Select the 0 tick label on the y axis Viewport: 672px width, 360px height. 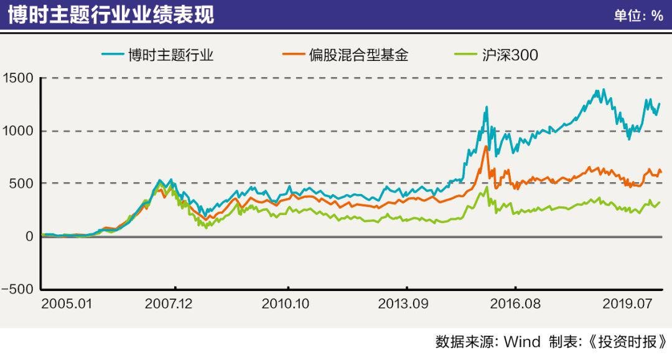29,236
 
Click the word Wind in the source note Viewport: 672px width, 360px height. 521,342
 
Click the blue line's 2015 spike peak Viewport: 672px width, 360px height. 487,107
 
